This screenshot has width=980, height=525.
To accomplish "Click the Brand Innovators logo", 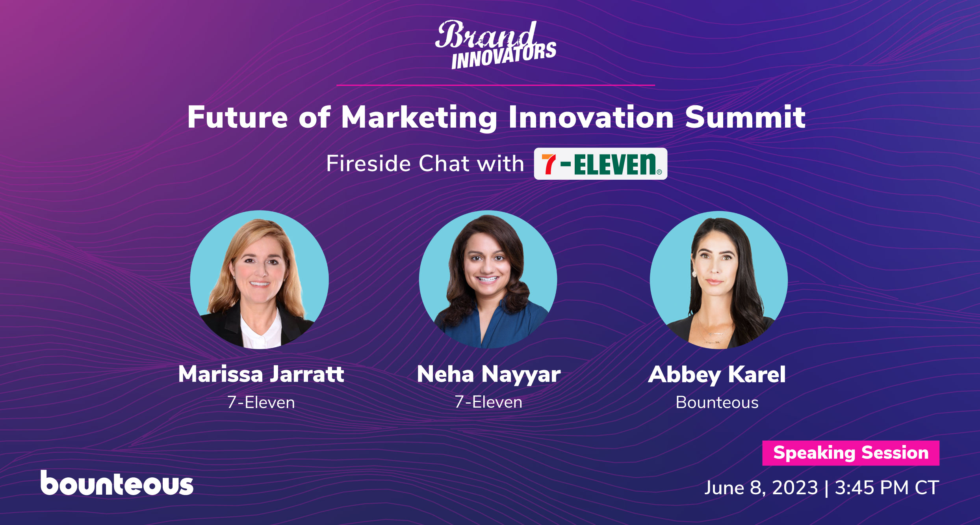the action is point(496,45).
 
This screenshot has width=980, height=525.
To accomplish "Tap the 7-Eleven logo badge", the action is point(600,164).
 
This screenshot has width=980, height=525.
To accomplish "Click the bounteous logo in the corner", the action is point(117,482).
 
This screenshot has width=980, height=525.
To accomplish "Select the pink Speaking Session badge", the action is point(851,453).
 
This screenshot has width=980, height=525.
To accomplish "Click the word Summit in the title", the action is point(745,117).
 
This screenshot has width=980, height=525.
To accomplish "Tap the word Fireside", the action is point(368,163).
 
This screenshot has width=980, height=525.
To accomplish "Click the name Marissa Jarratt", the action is point(261,374).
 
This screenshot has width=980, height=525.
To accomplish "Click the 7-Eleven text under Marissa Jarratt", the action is point(261,402).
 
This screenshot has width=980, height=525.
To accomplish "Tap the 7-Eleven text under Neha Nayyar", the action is point(488,402).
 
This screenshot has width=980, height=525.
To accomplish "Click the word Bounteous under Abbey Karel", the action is point(717,402).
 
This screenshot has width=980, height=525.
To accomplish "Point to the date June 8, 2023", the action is point(761,488).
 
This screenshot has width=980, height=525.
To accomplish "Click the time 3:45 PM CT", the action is point(887,488).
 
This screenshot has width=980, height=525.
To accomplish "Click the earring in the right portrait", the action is point(694,274).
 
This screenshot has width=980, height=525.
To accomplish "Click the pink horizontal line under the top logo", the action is point(496,85).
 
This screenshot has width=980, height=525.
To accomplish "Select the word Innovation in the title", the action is point(591,117).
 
